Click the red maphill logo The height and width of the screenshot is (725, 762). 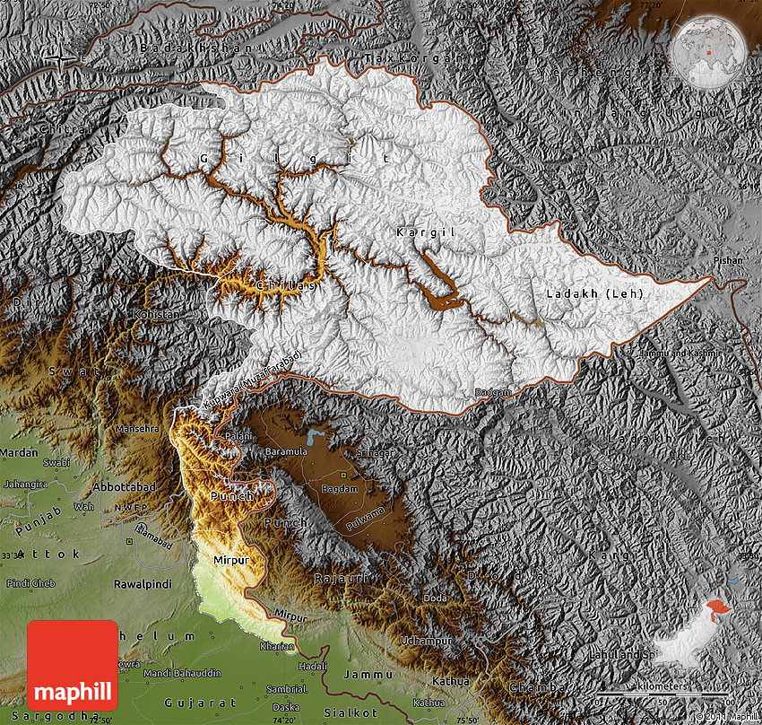(x=73, y=666)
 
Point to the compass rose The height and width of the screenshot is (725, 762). (x=61, y=59)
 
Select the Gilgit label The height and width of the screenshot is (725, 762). (x=294, y=158)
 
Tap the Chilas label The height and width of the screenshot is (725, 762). (x=286, y=285)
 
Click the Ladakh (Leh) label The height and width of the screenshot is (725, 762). (x=594, y=293)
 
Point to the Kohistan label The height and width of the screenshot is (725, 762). (x=155, y=315)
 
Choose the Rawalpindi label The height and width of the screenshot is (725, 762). (x=143, y=583)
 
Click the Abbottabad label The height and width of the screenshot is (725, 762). (x=126, y=486)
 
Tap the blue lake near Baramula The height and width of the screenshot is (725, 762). (x=314, y=439)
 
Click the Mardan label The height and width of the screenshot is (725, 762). (x=19, y=453)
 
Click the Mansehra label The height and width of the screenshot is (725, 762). (x=135, y=430)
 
